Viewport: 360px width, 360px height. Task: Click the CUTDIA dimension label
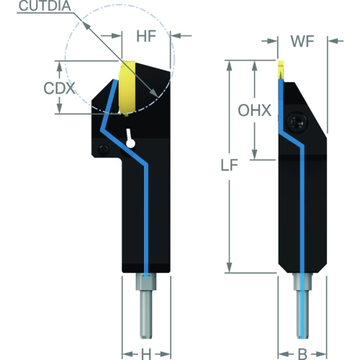[x=45, y=6]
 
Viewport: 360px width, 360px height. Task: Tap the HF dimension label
[x=146, y=36]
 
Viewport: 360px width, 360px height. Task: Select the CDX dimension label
[x=59, y=88]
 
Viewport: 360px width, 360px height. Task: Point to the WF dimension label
[x=302, y=41]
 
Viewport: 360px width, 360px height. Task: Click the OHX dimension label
[x=254, y=110]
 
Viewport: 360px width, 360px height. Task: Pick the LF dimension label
[x=229, y=165]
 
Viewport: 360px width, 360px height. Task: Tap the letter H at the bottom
[x=146, y=354]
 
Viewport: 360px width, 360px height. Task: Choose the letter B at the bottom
[x=302, y=354]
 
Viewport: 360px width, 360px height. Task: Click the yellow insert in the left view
[x=127, y=88]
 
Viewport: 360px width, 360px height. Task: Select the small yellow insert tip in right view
[x=281, y=70]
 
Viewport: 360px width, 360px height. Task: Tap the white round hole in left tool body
[x=130, y=144]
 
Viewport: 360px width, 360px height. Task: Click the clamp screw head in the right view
[x=297, y=122]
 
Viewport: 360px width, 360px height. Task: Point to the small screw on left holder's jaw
[x=104, y=150]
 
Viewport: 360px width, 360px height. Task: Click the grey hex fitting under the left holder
[x=146, y=282]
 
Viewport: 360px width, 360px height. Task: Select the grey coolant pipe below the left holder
[x=146, y=315]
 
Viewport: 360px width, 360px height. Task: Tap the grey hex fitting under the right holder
[x=302, y=282]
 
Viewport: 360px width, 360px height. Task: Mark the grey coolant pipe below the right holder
[x=302, y=315]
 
